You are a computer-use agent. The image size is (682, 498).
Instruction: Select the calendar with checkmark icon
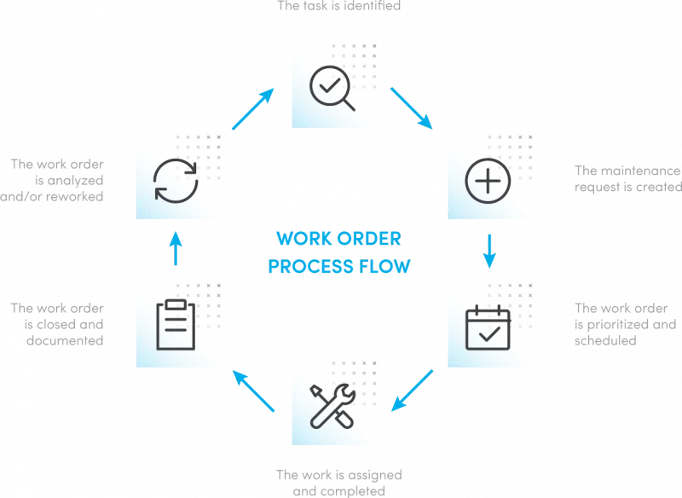pos(488,329)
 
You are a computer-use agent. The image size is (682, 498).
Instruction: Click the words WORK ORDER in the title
pos(338,236)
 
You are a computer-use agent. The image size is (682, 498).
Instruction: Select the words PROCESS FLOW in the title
pos(338,267)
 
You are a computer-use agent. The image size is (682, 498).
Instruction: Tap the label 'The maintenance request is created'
pos(627,178)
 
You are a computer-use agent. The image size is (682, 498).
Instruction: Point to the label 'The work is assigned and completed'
pos(338,483)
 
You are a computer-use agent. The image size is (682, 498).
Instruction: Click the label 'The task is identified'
pos(339,6)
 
